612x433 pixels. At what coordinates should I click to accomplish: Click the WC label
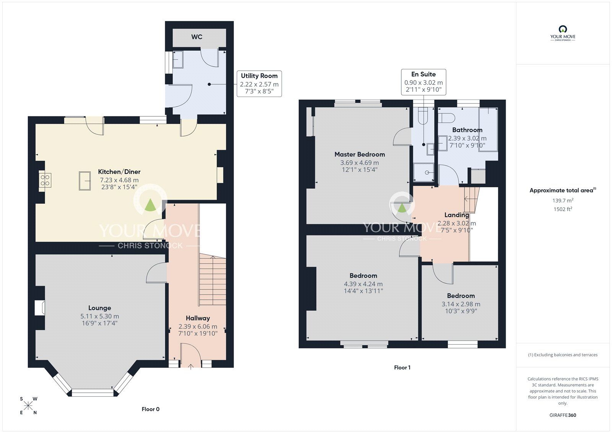[x=197, y=37]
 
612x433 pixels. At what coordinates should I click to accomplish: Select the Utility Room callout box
[x=259, y=83]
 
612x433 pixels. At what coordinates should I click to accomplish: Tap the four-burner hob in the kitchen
[x=45, y=180]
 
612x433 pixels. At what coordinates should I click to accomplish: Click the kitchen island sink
[x=85, y=181]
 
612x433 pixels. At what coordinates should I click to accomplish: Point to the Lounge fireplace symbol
[x=39, y=308]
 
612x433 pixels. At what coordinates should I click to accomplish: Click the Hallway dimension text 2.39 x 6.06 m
[x=198, y=327]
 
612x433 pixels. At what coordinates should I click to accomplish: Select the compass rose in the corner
[x=28, y=405]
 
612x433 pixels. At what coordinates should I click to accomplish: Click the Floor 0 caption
[x=150, y=409]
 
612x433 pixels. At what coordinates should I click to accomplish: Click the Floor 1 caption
[x=402, y=368]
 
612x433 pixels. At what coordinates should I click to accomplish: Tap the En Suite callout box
[x=423, y=82]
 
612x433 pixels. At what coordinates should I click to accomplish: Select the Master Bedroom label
[x=360, y=154]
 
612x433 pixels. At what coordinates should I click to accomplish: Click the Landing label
[x=456, y=215]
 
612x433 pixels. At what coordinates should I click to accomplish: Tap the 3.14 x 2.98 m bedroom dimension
[x=461, y=304]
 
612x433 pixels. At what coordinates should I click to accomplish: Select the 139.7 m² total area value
[x=563, y=200]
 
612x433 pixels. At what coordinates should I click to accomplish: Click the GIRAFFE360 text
[x=563, y=415]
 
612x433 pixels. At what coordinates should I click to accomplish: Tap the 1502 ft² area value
[x=563, y=209]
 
